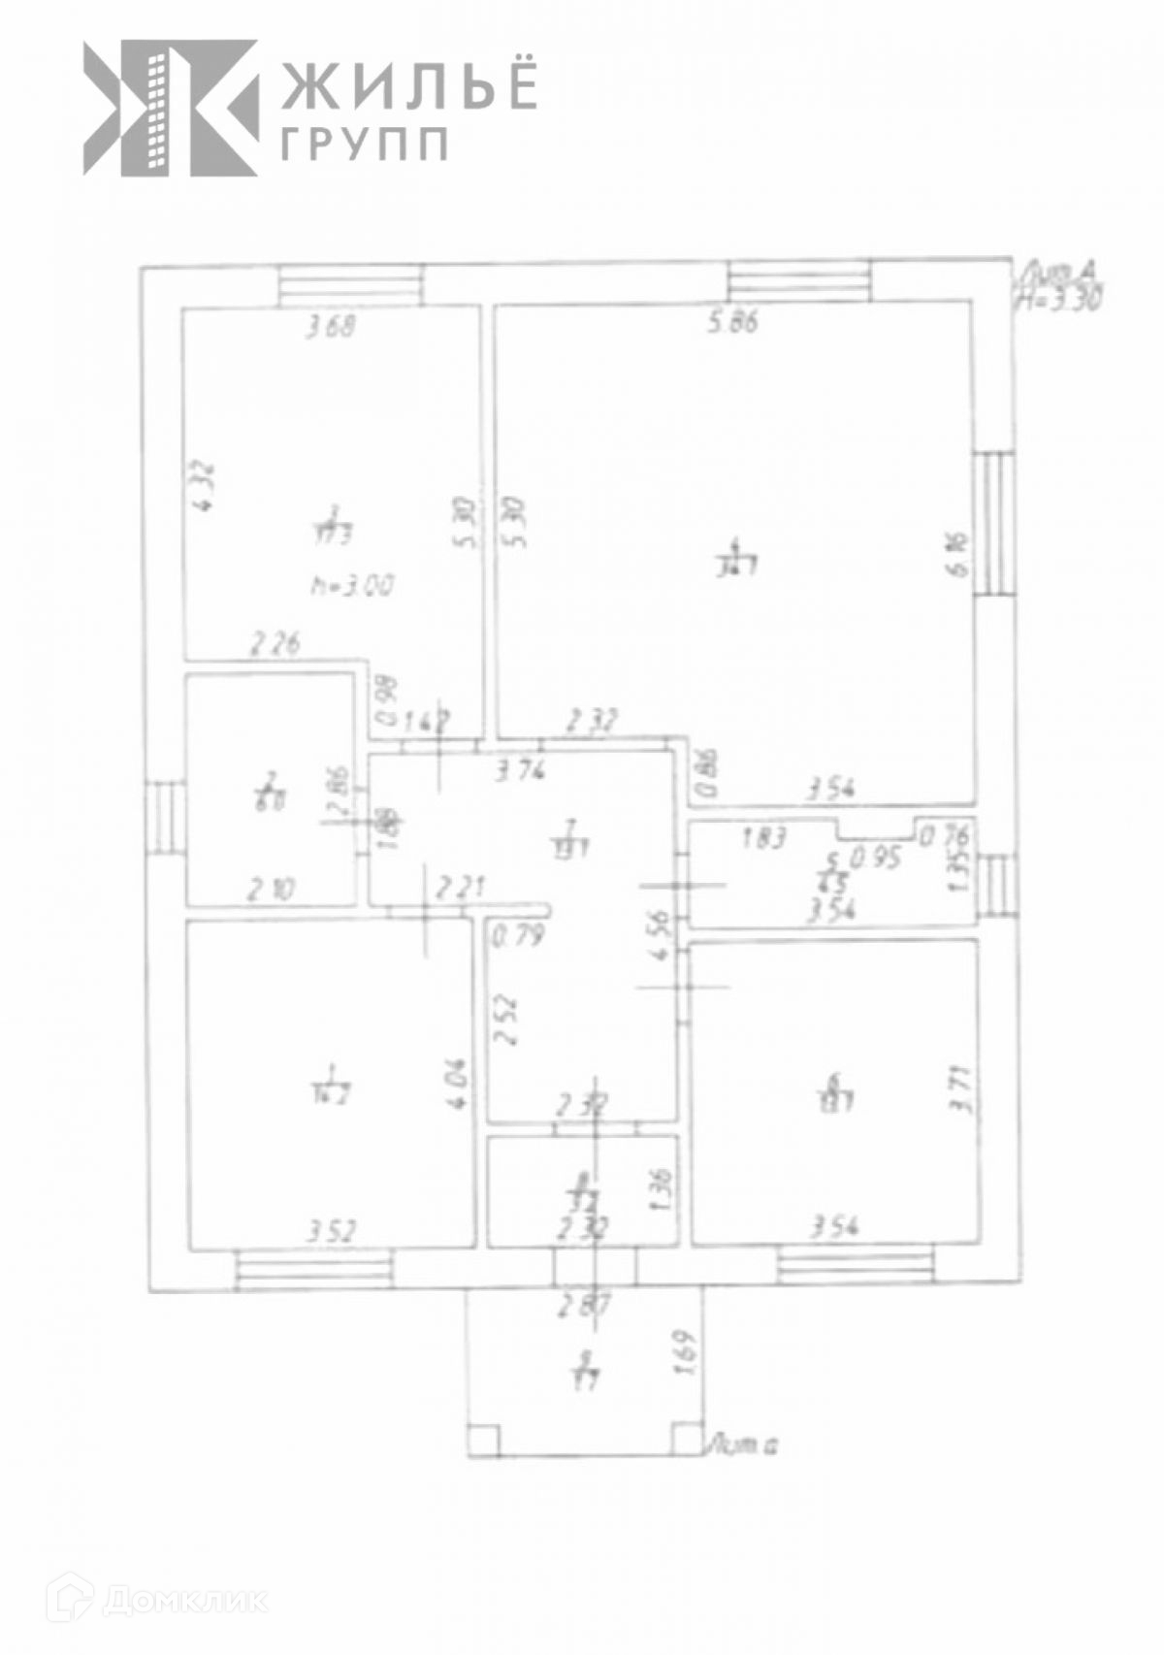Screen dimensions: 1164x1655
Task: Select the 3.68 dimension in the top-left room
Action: click(x=331, y=327)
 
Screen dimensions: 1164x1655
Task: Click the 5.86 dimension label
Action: click(x=732, y=322)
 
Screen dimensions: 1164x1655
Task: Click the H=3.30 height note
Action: click(x=1059, y=300)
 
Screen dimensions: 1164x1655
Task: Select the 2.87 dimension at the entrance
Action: click(x=582, y=1306)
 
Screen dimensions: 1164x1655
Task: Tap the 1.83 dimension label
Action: click(x=764, y=837)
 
